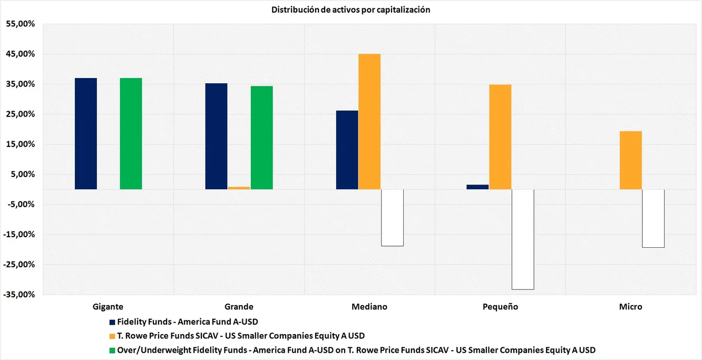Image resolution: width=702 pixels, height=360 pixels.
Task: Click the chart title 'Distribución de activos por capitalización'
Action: click(350, 10)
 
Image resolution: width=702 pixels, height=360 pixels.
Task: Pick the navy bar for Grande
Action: click(216, 136)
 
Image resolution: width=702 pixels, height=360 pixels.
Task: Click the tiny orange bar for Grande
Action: click(239, 188)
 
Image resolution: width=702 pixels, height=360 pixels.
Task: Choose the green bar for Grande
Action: click(261, 138)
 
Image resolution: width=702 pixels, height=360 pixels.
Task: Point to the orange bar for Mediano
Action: click(369, 121)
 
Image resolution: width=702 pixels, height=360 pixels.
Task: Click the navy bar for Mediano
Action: click(347, 150)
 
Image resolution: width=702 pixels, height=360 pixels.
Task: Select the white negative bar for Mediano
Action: click(392, 218)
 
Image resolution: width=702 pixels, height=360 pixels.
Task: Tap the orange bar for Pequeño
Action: click(500, 137)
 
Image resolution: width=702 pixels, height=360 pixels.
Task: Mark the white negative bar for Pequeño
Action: click(523, 239)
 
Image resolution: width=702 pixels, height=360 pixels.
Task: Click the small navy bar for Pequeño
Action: click(477, 187)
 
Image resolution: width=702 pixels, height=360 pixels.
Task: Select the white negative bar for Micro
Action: click(653, 218)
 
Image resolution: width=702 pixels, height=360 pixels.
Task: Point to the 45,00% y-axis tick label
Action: click(20, 54)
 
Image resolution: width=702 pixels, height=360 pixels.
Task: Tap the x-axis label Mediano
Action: click(369, 307)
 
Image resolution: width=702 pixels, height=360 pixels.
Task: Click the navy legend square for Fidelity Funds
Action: click(112, 322)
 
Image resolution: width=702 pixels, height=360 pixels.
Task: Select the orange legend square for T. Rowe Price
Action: click(112, 336)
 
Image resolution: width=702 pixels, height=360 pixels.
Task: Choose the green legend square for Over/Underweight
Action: click(112, 350)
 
